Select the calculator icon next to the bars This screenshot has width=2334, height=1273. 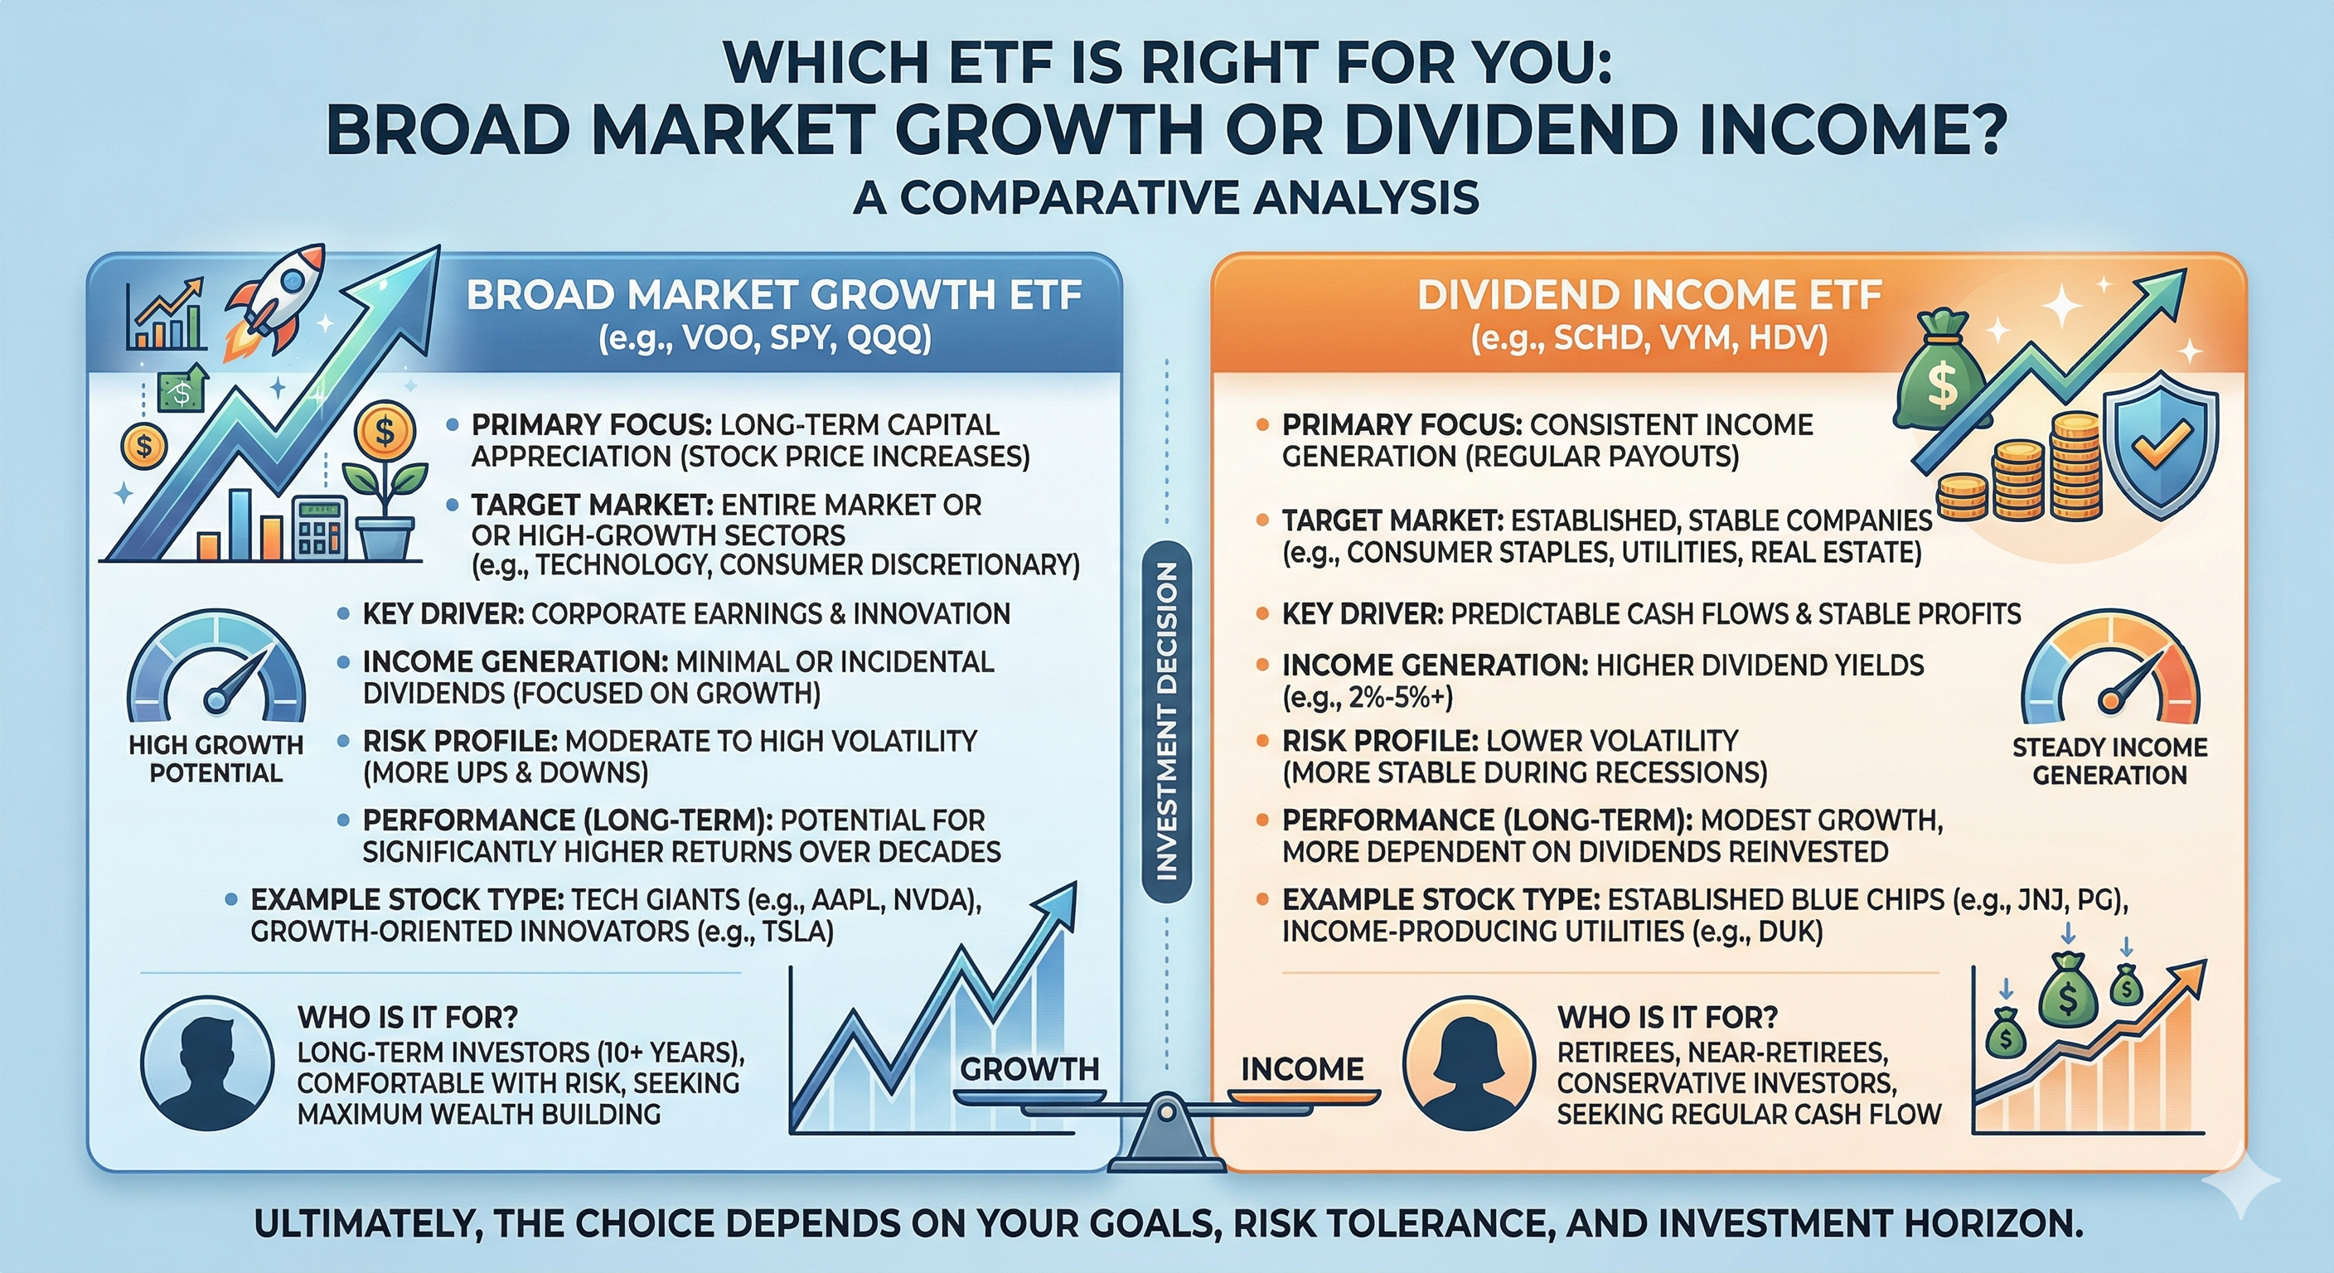[x=321, y=525]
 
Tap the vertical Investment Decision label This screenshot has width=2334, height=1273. [x=1166, y=721]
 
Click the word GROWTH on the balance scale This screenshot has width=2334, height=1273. [x=1029, y=1069]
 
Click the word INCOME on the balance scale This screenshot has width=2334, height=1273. [x=1301, y=1069]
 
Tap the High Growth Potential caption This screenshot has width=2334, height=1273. [x=215, y=759]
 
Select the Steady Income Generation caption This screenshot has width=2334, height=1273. [x=2110, y=761]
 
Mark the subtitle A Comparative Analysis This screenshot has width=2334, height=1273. [x=1167, y=197]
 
